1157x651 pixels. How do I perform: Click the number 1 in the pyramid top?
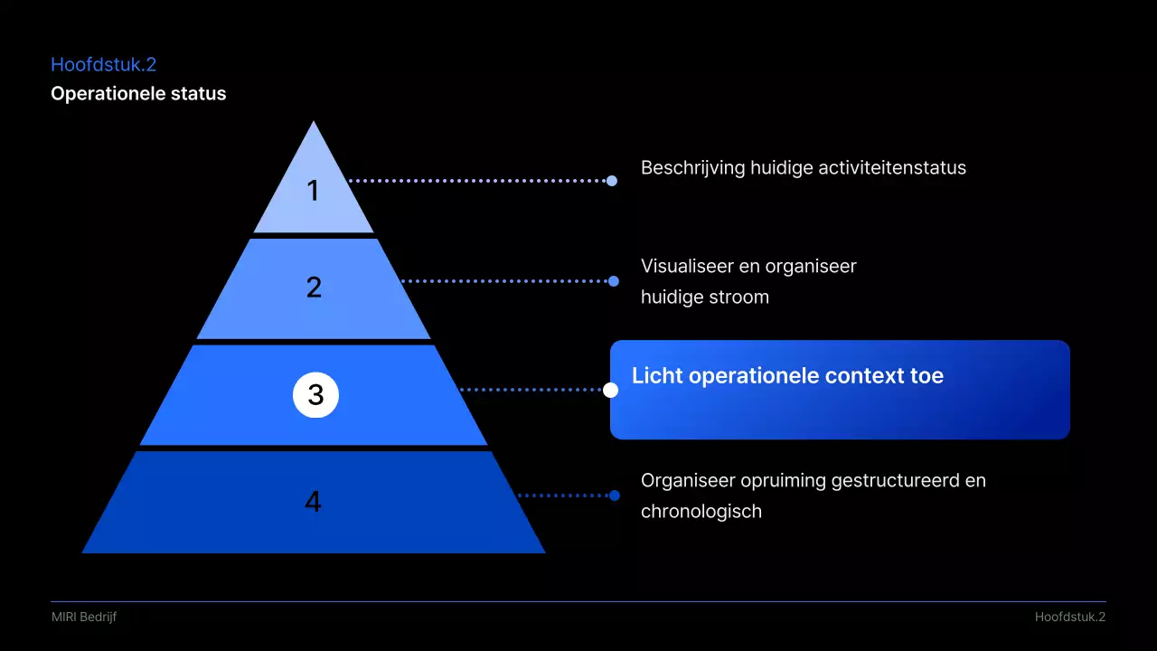click(313, 191)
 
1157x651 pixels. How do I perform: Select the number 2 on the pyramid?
click(314, 288)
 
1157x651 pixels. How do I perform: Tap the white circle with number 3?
click(315, 395)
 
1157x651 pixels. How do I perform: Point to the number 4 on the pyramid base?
click(313, 501)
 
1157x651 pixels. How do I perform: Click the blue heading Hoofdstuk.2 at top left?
click(104, 64)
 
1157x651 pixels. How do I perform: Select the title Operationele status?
click(138, 93)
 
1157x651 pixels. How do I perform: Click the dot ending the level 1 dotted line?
click(612, 181)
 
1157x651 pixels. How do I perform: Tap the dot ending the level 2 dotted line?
click(614, 281)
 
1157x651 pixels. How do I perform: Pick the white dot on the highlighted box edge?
click(611, 390)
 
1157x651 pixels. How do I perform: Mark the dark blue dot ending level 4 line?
click(615, 495)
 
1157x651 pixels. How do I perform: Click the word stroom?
click(739, 297)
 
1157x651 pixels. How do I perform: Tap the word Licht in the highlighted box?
click(657, 376)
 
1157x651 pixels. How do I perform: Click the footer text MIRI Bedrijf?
click(84, 617)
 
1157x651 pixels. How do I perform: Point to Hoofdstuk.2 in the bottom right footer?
click(1070, 617)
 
